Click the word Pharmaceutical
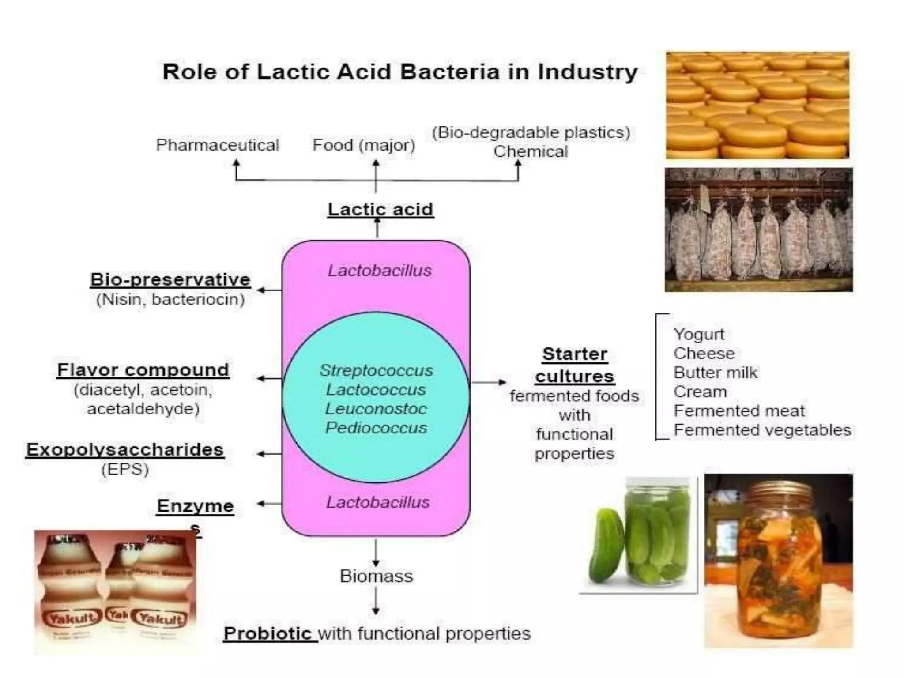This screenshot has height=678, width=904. point(217,145)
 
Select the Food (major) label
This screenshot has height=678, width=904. point(364,145)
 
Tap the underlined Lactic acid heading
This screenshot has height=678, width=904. point(380,209)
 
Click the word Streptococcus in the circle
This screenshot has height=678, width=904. point(376,370)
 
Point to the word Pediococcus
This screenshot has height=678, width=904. point(376,428)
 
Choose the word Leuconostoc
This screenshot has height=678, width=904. point(376,409)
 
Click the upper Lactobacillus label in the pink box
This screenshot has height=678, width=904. point(380,271)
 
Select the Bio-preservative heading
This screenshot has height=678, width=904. point(170,279)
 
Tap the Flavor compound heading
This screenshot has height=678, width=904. point(143,370)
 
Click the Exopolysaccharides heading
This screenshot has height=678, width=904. point(125,449)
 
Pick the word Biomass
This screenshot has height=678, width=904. point(376,576)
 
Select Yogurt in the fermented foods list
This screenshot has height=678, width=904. point(699,334)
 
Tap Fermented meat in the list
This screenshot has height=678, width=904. point(739,411)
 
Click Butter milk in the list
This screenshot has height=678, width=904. point(715,373)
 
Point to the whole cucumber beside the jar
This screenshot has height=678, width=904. point(607,547)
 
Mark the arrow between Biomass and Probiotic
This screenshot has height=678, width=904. point(376,601)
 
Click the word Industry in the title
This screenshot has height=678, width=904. point(588,72)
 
